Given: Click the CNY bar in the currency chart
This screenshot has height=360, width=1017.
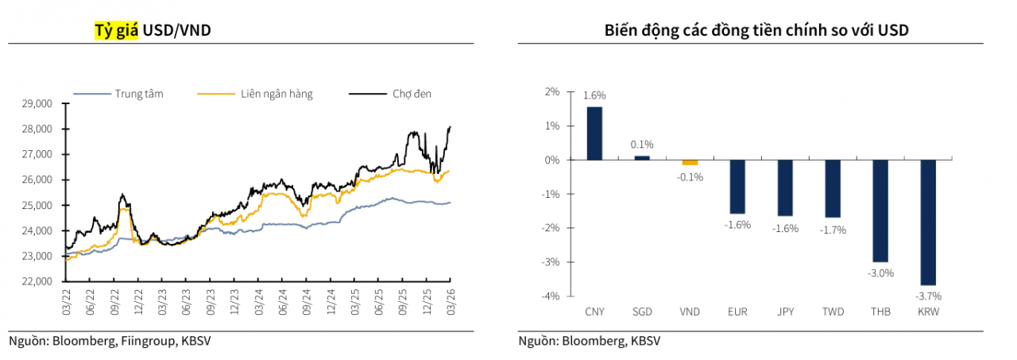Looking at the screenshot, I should tap(594, 134).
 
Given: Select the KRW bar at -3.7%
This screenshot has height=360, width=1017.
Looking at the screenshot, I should tap(927, 223).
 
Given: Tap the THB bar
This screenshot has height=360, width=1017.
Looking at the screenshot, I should tap(880, 211).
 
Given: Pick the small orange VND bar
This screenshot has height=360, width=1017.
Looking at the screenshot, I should tap(690, 162).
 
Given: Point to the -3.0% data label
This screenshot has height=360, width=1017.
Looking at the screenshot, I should tap(881, 273).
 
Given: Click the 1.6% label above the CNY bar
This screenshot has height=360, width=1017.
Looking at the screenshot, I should tap(594, 95).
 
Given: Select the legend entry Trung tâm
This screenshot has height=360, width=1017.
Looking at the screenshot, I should tap(139, 94).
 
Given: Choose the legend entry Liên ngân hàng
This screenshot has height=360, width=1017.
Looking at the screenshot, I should tap(276, 94).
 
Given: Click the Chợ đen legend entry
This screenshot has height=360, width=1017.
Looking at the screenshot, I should tap(412, 94).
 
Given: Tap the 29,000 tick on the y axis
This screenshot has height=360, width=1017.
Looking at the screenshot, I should tap(36, 103).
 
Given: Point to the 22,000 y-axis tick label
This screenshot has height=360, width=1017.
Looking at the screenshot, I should tap(36, 281).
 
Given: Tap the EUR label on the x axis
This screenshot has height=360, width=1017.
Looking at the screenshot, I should tap(737, 312).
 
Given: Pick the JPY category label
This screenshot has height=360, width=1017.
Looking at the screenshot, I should tap(785, 312).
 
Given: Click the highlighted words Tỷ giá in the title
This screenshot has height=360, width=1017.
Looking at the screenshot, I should tap(116, 30).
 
